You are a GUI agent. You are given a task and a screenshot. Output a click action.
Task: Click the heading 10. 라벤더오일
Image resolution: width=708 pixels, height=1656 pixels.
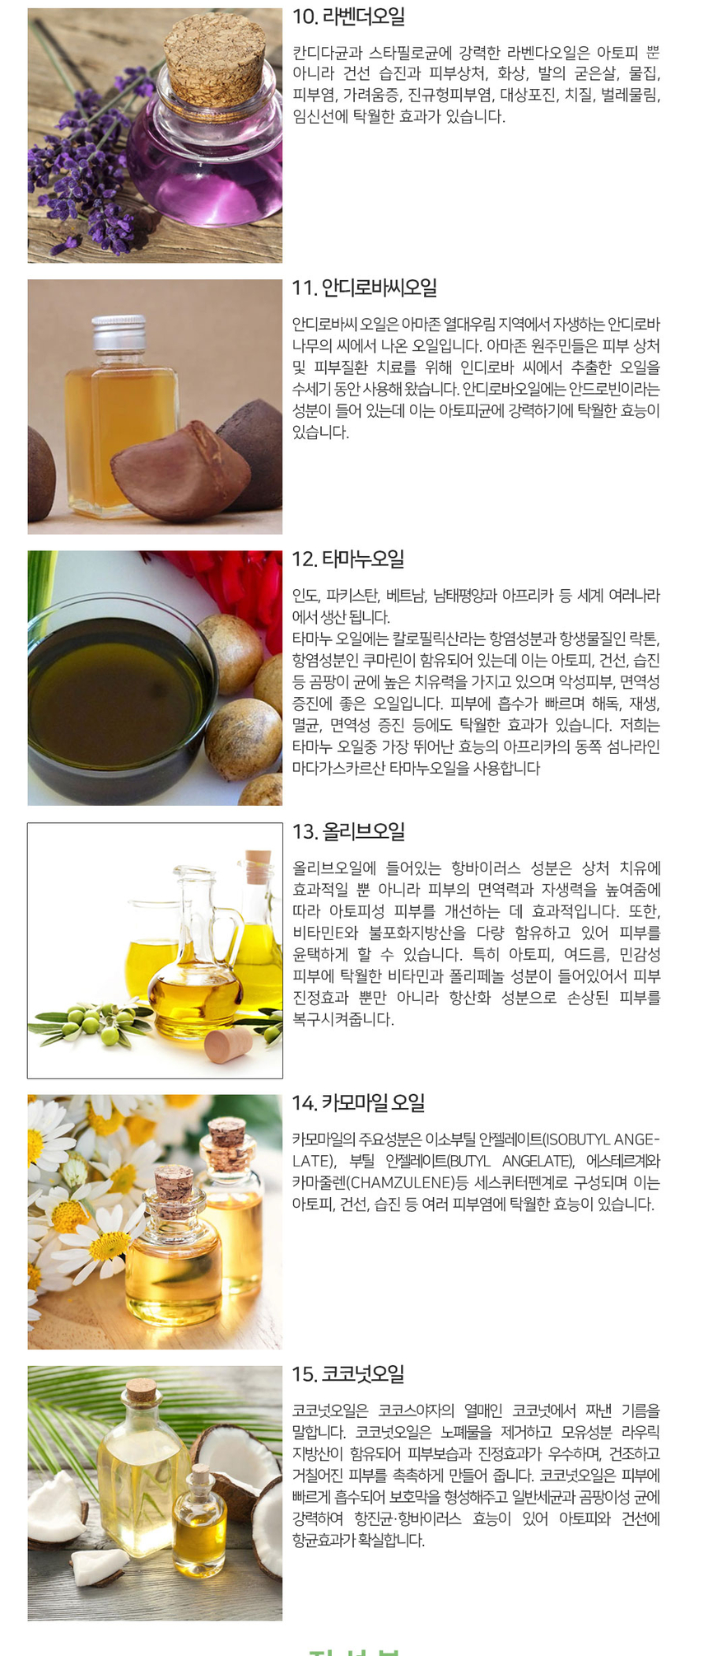[348, 16]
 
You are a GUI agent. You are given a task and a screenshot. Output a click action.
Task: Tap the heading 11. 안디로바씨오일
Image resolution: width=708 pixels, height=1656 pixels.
[364, 288]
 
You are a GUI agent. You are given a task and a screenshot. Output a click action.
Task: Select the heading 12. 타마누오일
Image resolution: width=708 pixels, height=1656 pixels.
[348, 559]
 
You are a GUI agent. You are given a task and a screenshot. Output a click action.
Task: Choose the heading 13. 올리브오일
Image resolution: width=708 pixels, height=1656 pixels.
[348, 832]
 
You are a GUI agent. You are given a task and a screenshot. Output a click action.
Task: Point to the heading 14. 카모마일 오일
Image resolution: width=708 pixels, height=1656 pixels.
[358, 1103]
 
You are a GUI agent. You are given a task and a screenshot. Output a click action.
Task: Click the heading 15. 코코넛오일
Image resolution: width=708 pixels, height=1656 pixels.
[348, 1374]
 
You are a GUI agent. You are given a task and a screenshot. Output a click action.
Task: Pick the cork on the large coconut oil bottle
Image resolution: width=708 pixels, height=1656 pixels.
[142, 1391]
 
